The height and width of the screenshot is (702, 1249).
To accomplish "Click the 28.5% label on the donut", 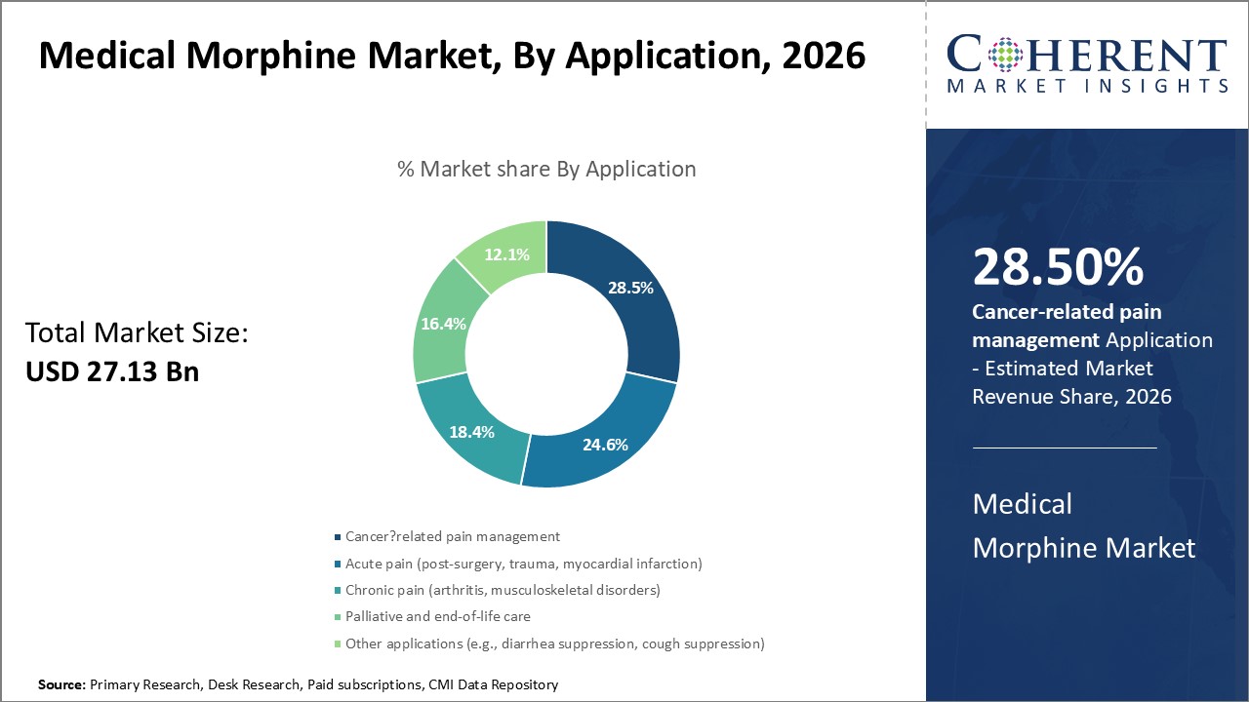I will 629,288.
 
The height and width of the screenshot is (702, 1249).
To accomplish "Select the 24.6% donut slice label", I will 604,445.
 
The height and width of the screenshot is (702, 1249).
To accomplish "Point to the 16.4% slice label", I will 443,324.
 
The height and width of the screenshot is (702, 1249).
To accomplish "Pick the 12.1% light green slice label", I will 507,254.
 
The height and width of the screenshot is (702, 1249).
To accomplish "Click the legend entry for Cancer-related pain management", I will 452,536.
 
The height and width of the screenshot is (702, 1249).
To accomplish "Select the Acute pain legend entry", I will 523,564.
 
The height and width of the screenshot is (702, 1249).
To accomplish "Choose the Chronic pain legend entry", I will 502,590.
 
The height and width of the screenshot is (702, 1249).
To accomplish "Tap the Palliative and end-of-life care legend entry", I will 437,616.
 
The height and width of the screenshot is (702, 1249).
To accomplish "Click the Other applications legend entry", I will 554,643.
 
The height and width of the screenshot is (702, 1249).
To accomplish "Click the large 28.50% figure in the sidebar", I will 1058,268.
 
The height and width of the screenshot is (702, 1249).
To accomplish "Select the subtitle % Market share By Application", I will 546,169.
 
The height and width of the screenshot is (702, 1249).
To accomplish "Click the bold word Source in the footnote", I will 60,685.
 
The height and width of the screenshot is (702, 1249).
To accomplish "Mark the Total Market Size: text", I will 137,333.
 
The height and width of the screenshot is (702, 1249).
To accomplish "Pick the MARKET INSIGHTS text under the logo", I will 1086,86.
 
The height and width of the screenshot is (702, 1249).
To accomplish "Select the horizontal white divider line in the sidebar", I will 1065,448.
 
